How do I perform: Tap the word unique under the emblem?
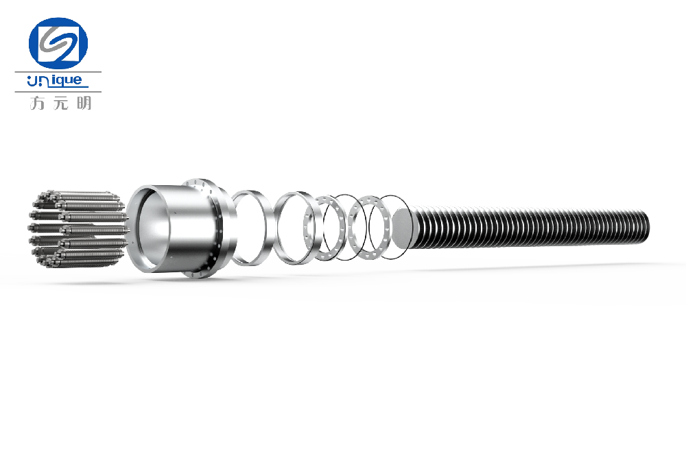pos(54,80)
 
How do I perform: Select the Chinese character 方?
pos(37,103)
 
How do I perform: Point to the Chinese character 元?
pos(61,104)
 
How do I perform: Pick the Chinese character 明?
pos(84,103)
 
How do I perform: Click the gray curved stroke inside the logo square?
pos(58,43)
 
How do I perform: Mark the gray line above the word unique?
pos(58,72)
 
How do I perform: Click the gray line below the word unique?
pos(58,92)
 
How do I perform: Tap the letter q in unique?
pos(58,82)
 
